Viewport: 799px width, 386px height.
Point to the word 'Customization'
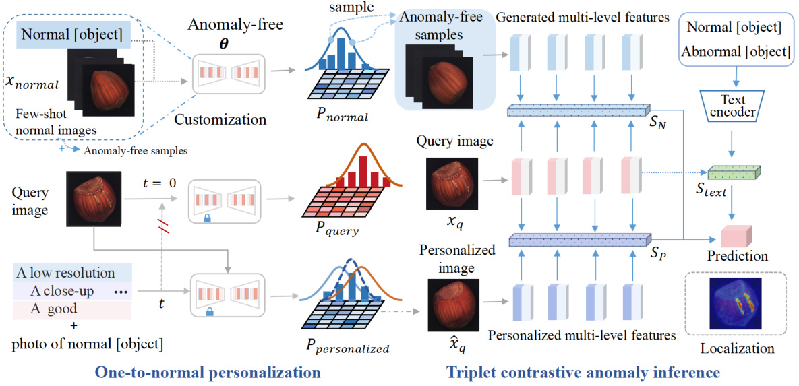pyautogui.click(x=220, y=120)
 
